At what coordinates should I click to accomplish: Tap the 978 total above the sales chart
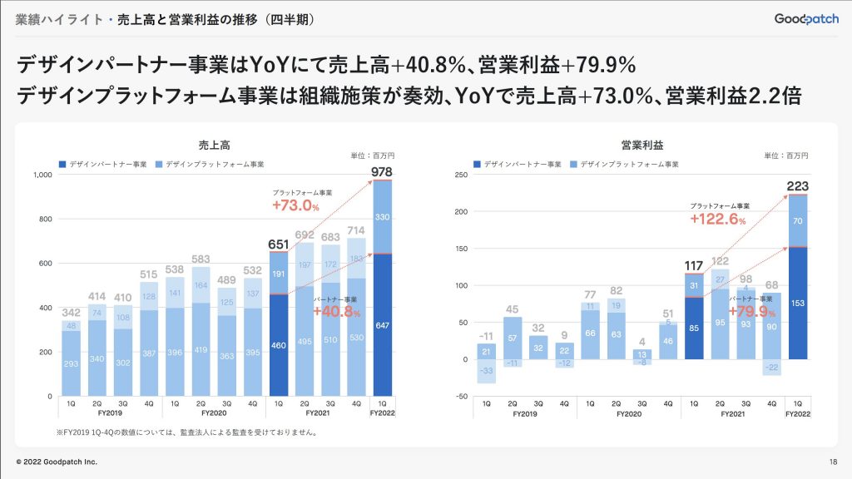(381, 172)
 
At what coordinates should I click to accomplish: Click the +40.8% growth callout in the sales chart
(337, 313)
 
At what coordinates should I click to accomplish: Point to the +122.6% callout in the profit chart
(718, 220)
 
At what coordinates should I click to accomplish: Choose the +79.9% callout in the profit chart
(752, 313)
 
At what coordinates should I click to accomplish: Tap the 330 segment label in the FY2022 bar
(381, 217)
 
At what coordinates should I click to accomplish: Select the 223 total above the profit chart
(797, 185)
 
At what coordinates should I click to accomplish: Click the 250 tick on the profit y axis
(460, 175)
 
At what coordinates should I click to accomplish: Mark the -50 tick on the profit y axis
(460, 396)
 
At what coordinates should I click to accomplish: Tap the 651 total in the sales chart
(279, 244)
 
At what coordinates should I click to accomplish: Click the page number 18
(833, 462)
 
